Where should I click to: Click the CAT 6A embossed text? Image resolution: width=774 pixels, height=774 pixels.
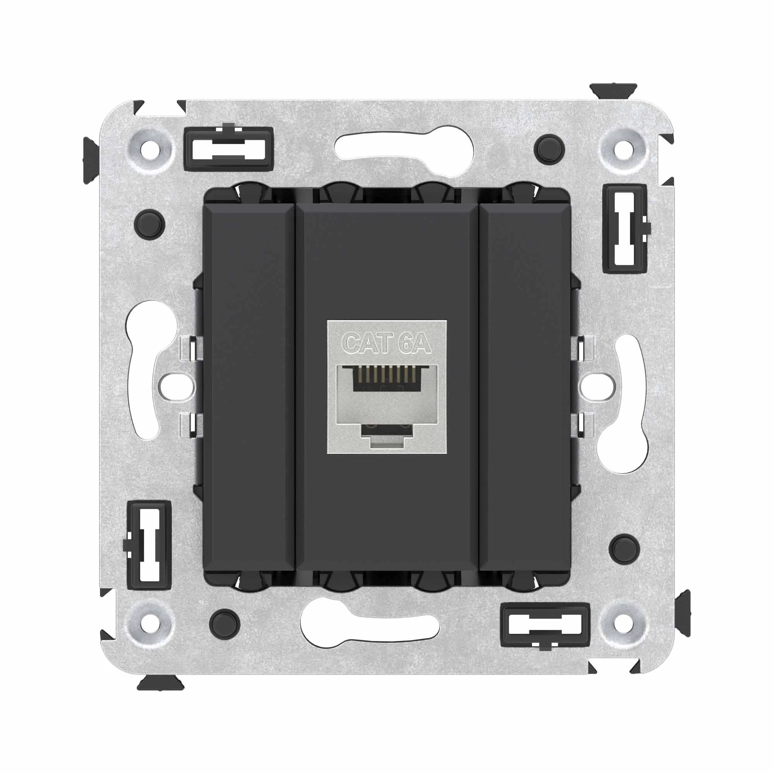pyautogui.click(x=387, y=343)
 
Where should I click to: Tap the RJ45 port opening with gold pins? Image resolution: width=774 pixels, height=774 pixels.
pyautogui.click(x=387, y=378)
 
